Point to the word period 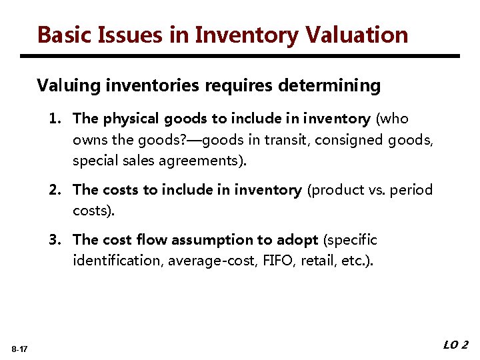point(411,190)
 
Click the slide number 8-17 point(19,349)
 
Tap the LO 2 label point(455,345)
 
